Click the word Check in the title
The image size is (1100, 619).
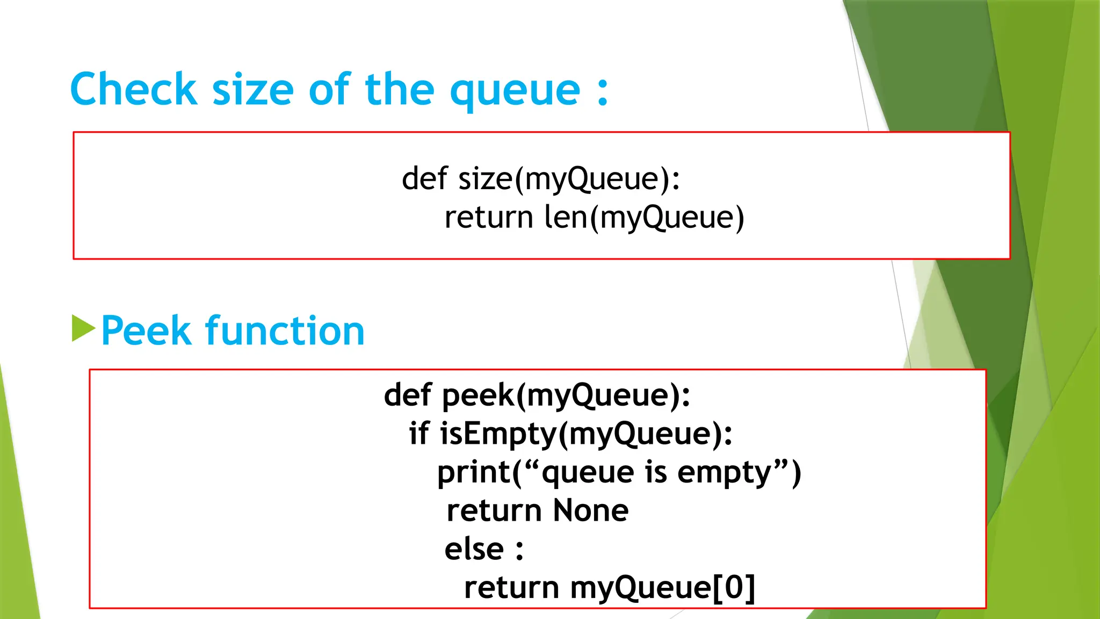click(133, 89)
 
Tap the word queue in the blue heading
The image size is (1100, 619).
click(515, 91)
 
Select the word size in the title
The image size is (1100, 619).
click(253, 90)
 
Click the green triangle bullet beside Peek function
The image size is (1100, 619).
click(83, 328)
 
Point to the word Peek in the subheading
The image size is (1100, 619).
click(146, 330)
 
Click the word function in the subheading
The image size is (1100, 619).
click(285, 330)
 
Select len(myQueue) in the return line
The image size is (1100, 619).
click(644, 218)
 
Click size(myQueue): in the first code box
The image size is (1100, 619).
click(569, 179)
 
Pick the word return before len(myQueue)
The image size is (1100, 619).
click(488, 218)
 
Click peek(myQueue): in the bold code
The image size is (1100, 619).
click(566, 395)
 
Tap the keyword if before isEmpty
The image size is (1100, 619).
click(419, 433)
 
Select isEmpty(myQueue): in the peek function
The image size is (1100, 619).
click(586, 434)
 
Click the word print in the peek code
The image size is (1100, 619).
click(473, 473)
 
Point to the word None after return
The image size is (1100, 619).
click(590, 510)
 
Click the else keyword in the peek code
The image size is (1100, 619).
click(474, 549)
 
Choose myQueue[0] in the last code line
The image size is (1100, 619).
click(662, 588)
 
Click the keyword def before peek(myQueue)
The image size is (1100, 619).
click(408, 395)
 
